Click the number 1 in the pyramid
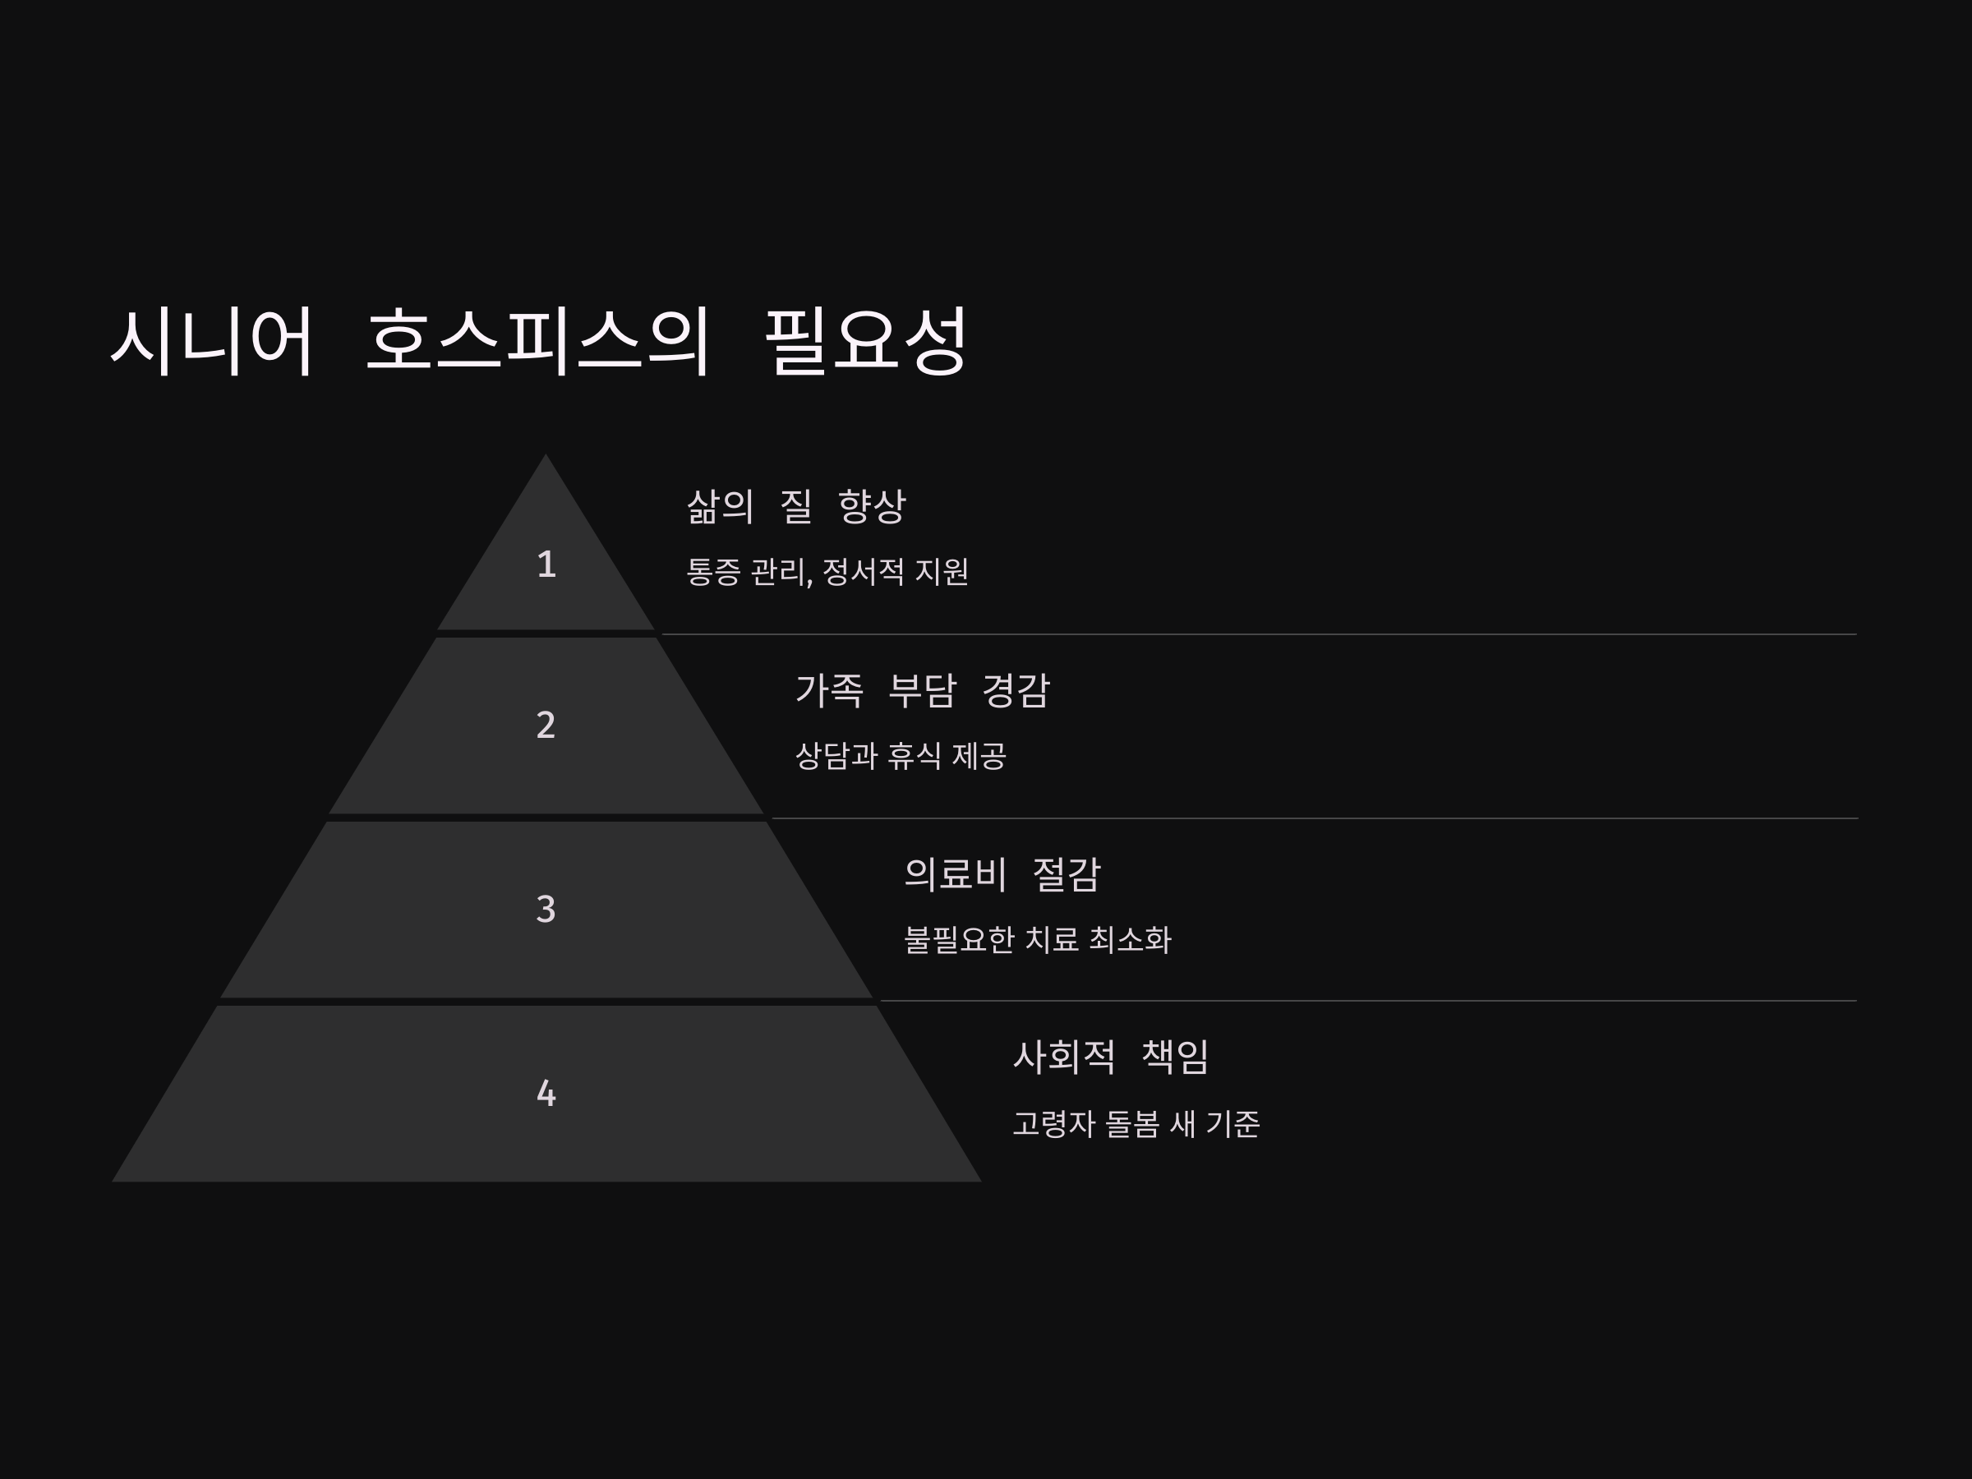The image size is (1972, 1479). point(546,564)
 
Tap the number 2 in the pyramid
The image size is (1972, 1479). point(546,725)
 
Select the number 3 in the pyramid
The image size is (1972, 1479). point(546,910)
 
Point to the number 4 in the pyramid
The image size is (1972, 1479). point(546,1093)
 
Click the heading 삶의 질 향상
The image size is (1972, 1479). point(796,506)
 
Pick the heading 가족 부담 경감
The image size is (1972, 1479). point(923,691)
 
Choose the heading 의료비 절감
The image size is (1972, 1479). point(1002,874)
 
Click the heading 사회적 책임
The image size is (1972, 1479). point(1111,1057)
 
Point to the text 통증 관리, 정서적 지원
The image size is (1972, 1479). point(827,571)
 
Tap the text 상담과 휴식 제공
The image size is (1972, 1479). point(901,756)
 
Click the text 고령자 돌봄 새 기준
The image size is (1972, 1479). point(1136,1124)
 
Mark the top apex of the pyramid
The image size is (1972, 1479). point(546,458)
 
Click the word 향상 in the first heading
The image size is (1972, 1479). point(872,506)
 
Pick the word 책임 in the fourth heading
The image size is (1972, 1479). point(1175,1057)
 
